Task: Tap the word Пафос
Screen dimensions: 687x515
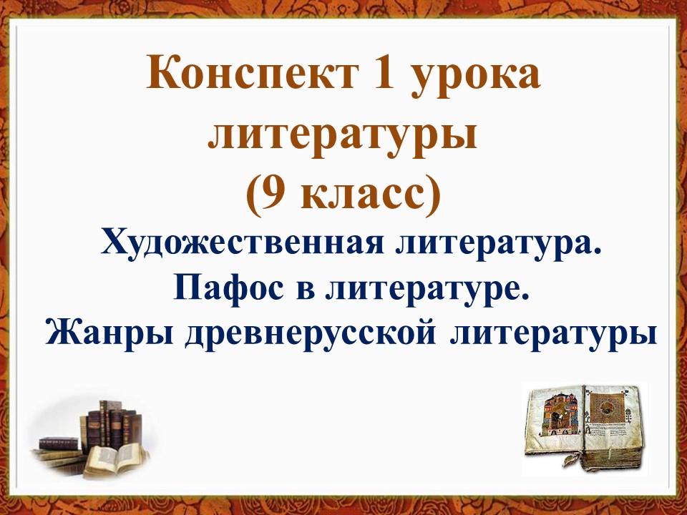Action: click(228, 289)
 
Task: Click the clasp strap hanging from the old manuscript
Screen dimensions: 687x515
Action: click(571, 460)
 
